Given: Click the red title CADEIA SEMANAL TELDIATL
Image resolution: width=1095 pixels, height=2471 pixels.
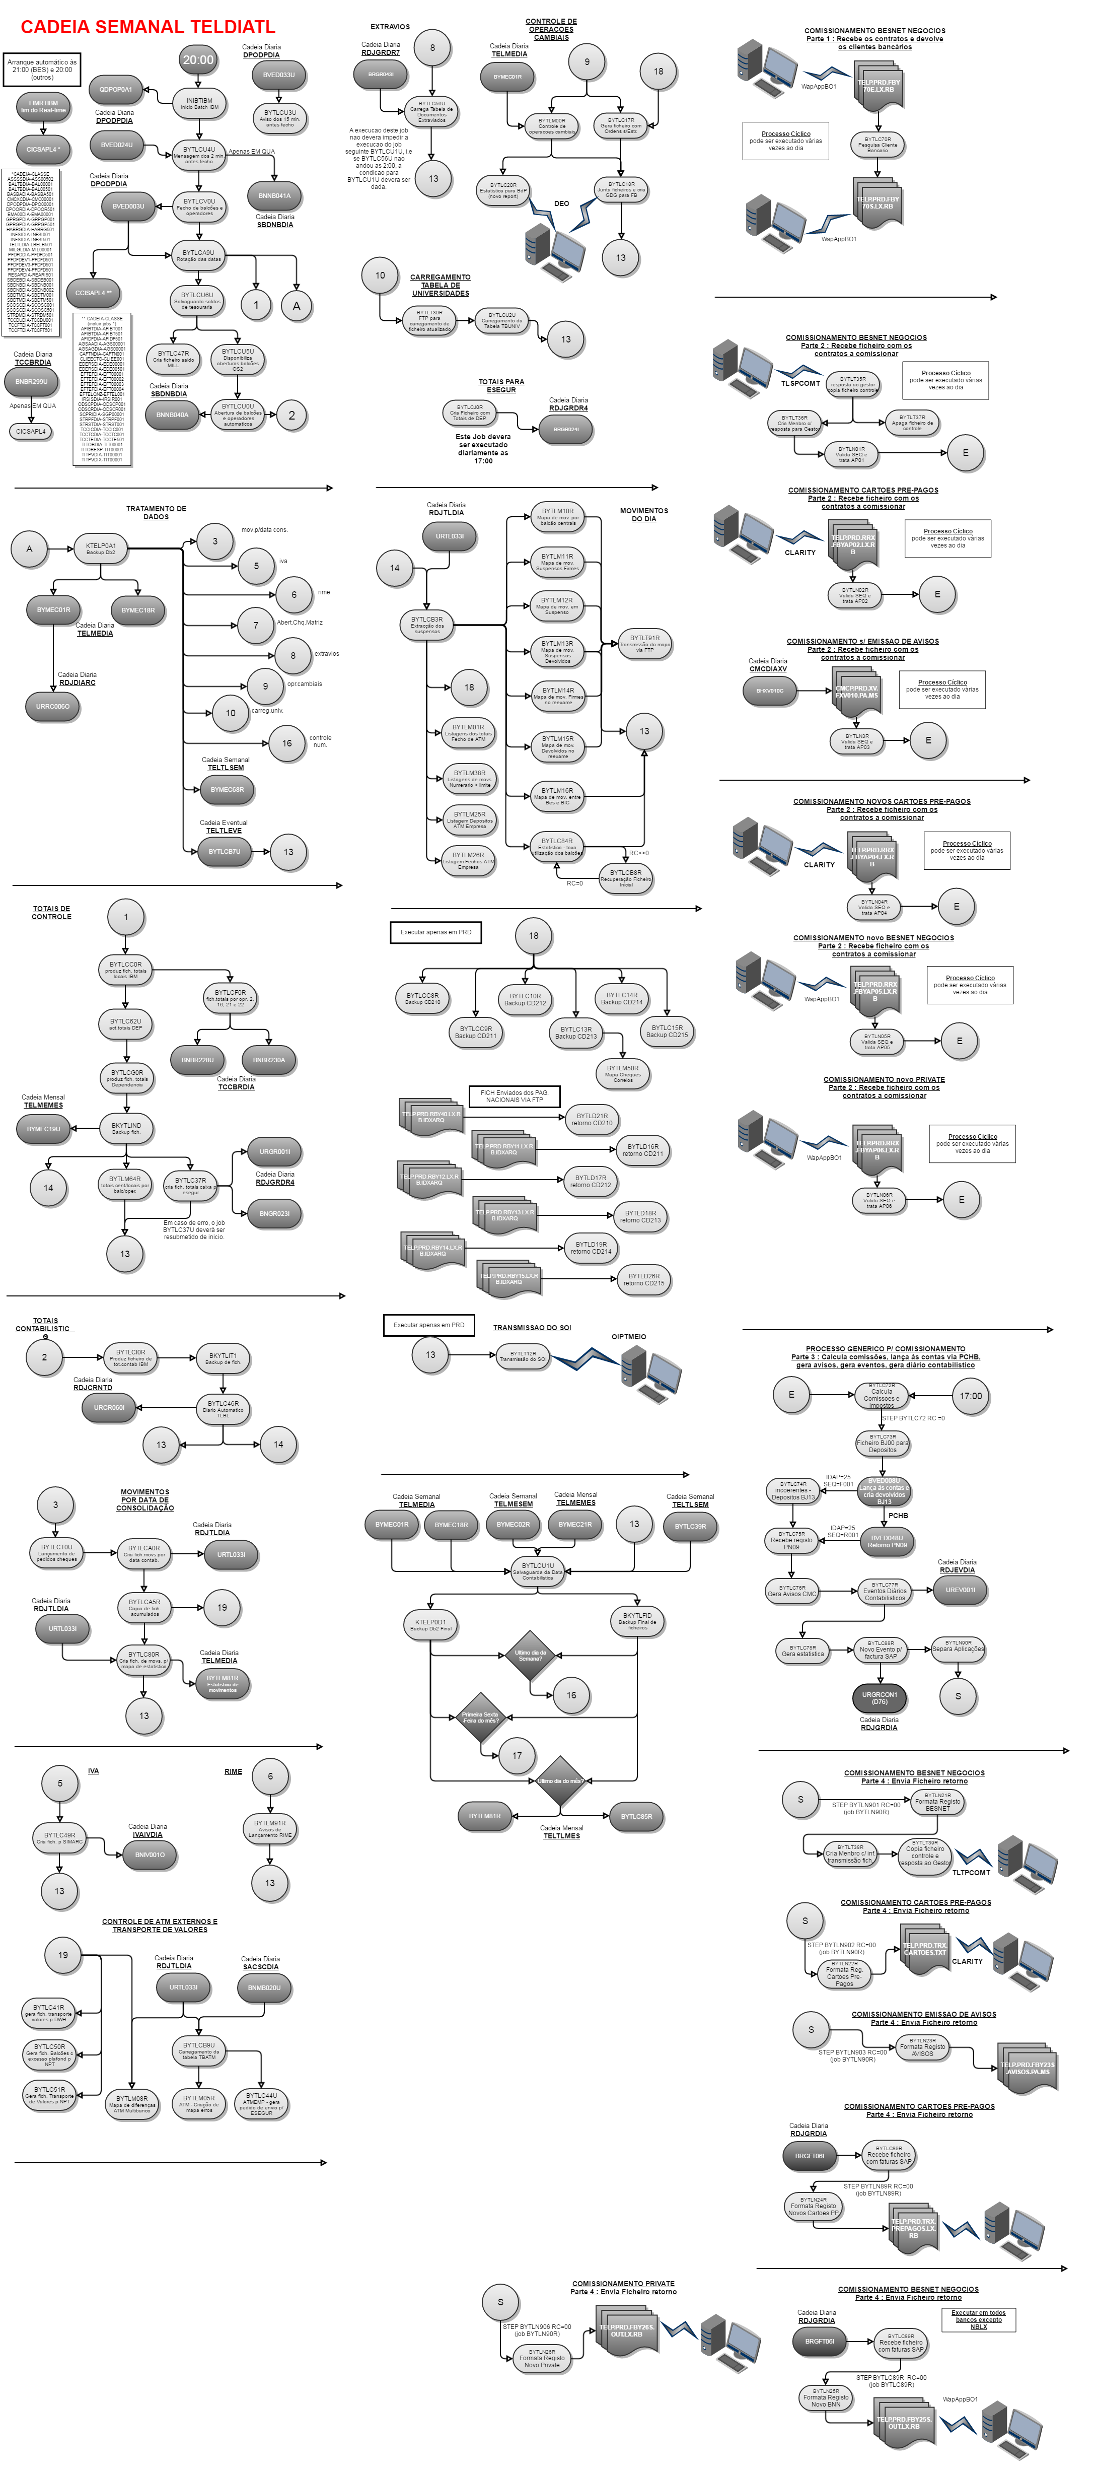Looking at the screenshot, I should point(148,27).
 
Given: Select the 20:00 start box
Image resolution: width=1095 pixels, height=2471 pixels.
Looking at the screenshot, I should point(198,59).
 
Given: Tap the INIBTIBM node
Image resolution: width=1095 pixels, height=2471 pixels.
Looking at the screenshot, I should point(199,103).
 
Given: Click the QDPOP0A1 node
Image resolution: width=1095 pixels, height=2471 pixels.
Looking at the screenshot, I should point(116,89).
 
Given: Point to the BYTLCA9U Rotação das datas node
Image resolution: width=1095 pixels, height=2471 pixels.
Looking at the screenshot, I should point(198,255).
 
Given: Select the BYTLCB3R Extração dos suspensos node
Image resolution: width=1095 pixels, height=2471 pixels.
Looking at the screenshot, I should point(427,625).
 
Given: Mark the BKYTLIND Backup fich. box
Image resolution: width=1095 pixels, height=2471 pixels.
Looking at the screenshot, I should point(125,1128).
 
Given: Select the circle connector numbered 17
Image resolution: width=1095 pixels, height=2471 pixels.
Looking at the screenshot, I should point(517,1755).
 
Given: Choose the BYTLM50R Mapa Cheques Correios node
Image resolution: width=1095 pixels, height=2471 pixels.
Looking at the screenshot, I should point(622,1072).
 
